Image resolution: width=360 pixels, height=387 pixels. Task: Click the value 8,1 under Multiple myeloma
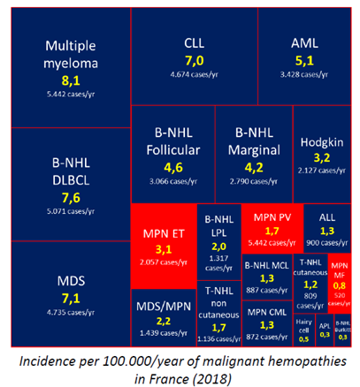click(68, 79)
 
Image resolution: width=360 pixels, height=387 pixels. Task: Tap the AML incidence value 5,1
click(303, 61)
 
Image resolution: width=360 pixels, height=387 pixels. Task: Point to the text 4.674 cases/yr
click(194, 75)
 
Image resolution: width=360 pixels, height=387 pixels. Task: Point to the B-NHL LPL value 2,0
click(218, 246)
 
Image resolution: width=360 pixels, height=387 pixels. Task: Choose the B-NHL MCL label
click(268, 263)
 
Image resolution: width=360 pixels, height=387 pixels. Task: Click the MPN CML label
click(268, 312)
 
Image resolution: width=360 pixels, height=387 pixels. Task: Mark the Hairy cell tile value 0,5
click(303, 338)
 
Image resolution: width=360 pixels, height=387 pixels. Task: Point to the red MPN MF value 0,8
click(339, 285)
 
